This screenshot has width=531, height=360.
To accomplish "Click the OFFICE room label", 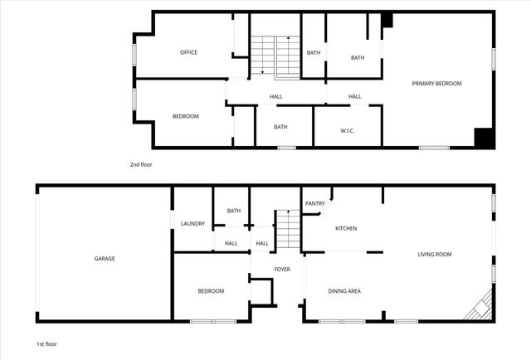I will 188,52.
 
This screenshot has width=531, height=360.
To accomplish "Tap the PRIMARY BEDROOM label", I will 437,84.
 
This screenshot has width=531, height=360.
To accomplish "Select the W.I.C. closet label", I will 348,130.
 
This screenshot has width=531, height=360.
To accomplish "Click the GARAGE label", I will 105,258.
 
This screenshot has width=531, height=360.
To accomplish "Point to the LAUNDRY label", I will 193,224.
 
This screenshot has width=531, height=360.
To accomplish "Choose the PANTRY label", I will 315,203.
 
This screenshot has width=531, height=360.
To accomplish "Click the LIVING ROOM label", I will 434,254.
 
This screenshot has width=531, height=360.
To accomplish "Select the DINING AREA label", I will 344,290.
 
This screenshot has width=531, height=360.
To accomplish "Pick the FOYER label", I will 282,270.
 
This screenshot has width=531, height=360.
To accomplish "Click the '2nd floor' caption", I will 140,164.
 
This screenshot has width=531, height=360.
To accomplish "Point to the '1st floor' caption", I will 46,343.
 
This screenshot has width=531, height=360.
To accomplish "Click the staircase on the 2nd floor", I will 275,56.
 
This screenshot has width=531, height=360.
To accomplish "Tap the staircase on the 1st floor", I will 288,229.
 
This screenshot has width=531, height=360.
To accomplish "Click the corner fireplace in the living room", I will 480,309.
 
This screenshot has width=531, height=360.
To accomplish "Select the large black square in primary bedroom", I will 485,139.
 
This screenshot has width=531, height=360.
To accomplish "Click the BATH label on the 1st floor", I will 234,211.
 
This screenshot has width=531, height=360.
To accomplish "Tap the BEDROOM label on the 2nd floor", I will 185,116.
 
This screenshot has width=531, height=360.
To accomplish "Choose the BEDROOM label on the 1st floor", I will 211,291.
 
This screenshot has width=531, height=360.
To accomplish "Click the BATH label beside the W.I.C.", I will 280,127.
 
